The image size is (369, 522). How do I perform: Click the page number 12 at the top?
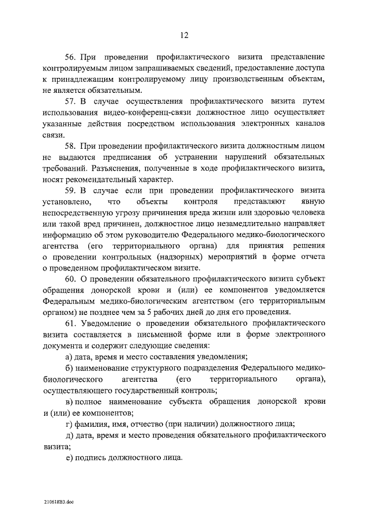[x=184, y=35]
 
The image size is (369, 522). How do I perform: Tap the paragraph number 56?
[x=70, y=58]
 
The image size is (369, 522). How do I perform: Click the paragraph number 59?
[x=70, y=190]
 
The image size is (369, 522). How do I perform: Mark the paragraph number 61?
[x=70, y=322]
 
